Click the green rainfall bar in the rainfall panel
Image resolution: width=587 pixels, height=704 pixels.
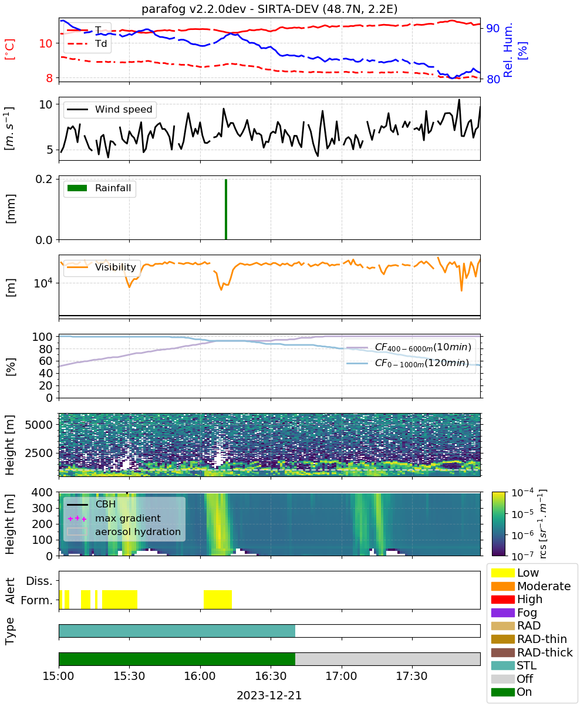click(x=225, y=209)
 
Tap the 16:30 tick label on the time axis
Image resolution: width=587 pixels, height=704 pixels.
click(x=271, y=676)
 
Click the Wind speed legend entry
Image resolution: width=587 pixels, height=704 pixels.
click(x=110, y=109)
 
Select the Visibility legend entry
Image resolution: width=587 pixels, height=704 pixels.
click(x=101, y=267)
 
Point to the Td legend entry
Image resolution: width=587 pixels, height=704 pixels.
click(x=87, y=44)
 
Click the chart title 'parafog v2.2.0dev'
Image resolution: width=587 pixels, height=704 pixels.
click(x=194, y=9)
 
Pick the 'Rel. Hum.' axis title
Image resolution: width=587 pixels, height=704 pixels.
click(x=508, y=50)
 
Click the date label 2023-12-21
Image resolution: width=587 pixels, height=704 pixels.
click(x=269, y=695)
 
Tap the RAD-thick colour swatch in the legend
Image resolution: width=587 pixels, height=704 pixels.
click(x=502, y=652)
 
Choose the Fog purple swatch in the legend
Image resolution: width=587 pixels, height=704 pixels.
click(x=502, y=612)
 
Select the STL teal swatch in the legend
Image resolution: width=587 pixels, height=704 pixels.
click(x=502, y=665)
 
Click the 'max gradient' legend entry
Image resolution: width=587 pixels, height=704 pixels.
click(x=114, y=518)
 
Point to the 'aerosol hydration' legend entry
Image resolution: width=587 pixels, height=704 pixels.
click(x=124, y=532)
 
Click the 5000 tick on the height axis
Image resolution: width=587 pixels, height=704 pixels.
click(x=39, y=425)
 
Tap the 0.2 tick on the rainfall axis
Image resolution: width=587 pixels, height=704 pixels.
click(x=44, y=179)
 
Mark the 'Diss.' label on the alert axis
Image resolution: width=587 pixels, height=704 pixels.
click(x=39, y=581)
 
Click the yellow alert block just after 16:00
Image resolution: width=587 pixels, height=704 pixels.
click(x=218, y=600)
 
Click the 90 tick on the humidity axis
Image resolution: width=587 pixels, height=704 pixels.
click(x=492, y=28)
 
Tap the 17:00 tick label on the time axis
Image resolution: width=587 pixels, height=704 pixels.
click(x=341, y=676)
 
